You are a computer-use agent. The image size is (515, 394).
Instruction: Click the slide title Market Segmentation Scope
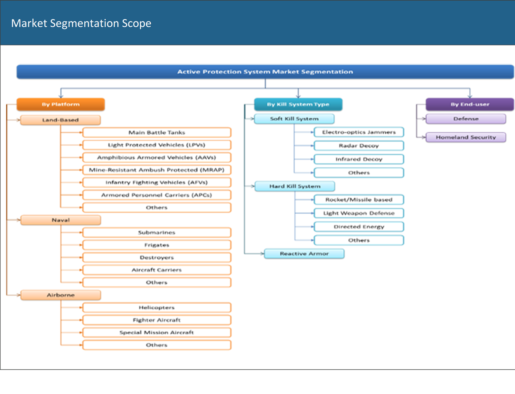pos(81,23)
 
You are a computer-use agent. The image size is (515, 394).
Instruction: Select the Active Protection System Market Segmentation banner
pos(265,72)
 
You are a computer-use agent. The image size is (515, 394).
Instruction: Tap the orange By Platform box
pos(61,104)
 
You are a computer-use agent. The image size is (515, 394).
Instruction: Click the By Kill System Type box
pos(298,104)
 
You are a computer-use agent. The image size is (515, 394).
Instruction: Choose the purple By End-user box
pos(470,104)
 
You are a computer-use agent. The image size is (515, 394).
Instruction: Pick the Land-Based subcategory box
pos(61,120)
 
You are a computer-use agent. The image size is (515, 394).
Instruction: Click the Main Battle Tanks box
pos(157,132)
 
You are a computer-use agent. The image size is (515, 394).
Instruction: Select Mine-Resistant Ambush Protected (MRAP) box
pos(157,170)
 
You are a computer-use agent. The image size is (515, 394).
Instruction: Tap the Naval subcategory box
pos(61,220)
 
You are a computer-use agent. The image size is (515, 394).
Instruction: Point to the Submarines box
pos(157,232)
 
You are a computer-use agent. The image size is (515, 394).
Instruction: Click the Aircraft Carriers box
pos(157,270)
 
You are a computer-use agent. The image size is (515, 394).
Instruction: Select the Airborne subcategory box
pos(61,295)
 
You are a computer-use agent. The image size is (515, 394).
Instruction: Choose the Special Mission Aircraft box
pos(157,332)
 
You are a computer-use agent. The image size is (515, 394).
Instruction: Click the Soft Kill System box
pos(294,119)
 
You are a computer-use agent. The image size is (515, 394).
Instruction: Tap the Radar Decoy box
pos(359,146)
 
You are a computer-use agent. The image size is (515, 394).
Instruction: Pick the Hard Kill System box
pos(295,186)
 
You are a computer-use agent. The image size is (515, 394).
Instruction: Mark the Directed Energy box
pos(359,227)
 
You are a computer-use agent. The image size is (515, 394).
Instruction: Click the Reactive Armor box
pos(304,254)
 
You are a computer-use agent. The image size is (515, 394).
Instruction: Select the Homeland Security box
pos(466,137)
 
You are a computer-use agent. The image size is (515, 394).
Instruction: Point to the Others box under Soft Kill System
pos(359,173)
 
